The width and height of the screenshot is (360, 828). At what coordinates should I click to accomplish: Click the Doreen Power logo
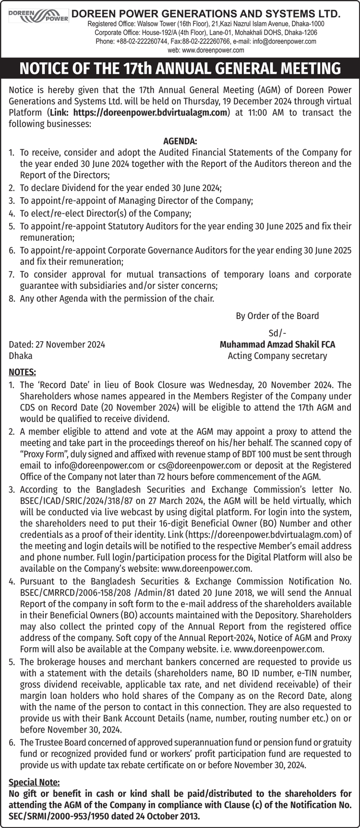coord(39,15)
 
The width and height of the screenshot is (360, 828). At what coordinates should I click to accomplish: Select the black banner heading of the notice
coord(180,68)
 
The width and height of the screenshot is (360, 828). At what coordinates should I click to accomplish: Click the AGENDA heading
coord(180,141)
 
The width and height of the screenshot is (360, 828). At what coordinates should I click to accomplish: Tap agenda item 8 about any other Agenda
coord(117,298)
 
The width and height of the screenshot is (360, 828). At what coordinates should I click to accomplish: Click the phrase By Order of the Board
coord(277,316)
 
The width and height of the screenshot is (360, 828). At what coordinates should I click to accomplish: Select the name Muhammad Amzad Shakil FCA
coord(277,344)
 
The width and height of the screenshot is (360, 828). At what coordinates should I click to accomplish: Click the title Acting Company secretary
coord(277,355)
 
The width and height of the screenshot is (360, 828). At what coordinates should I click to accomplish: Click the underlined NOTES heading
coord(22,372)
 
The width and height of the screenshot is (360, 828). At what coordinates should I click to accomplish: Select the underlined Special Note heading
coord(34,782)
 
